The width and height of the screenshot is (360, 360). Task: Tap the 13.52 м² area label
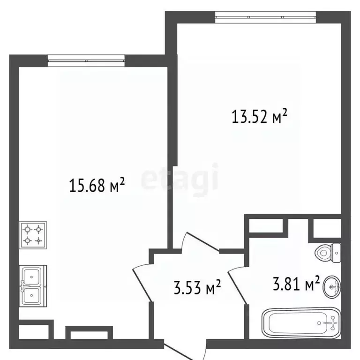click(x=259, y=116)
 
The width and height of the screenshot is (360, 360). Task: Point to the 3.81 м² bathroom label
click(x=296, y=283)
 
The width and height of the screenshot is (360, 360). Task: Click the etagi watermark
click(x=180, y=177)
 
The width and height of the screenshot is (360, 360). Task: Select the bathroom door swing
click(x=237, y=281)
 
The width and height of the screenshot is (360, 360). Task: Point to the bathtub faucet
click(x=331, y=322)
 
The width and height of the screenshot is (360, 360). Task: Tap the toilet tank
click(x=336, y=253)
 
